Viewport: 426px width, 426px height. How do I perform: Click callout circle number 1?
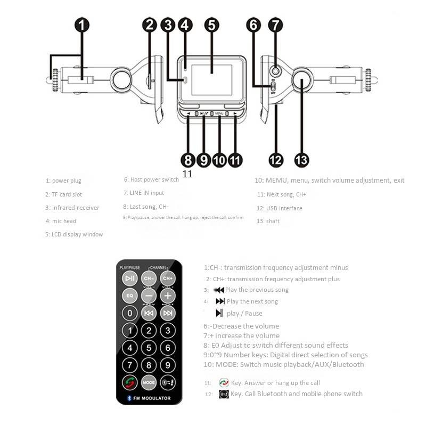tap(81, 24)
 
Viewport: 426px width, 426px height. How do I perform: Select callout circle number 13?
tap(301, 159)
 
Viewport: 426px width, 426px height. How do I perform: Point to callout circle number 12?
tap(275, 159)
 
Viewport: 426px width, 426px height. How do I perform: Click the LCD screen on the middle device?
tap(212, 75)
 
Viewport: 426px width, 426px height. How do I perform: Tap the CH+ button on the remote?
tap(168, 278)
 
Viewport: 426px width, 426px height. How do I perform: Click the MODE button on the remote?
tap(149, 382)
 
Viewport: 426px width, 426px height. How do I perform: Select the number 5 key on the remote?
tap(149, 348)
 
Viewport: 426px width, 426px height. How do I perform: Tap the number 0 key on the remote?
tap(130, 313)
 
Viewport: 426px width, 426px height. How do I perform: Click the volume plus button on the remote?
tap(168, 295)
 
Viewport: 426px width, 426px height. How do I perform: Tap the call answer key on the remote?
tap(130, 382)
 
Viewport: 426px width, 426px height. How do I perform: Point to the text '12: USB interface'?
tap(279, 208)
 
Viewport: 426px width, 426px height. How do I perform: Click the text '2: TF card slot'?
tap(64, 194)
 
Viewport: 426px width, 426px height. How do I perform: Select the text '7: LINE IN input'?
tap(144, 193)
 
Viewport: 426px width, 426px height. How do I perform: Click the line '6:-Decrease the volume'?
tap(241, 326)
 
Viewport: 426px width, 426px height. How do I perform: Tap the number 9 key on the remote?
tap(168, 365)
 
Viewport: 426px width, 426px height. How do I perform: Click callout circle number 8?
tap(187, 159)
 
